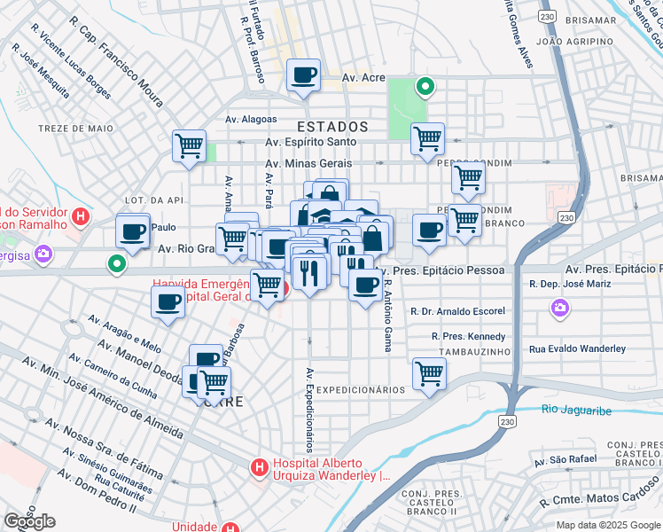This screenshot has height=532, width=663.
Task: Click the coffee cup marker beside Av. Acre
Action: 304,75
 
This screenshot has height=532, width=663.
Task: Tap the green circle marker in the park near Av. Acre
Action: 425,87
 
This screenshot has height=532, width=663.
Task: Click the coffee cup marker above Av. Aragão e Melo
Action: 168,302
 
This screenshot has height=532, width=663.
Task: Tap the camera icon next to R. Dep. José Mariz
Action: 559,308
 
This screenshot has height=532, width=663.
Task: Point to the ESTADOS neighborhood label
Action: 333,126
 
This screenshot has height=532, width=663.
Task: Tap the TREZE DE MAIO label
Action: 76,129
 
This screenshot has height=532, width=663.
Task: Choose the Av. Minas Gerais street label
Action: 308,163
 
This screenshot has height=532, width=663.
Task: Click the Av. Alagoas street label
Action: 251,119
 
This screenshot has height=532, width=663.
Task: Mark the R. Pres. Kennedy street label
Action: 469,336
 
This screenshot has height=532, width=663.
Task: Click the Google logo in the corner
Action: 29,520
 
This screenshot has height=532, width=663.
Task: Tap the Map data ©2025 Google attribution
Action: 607,525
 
